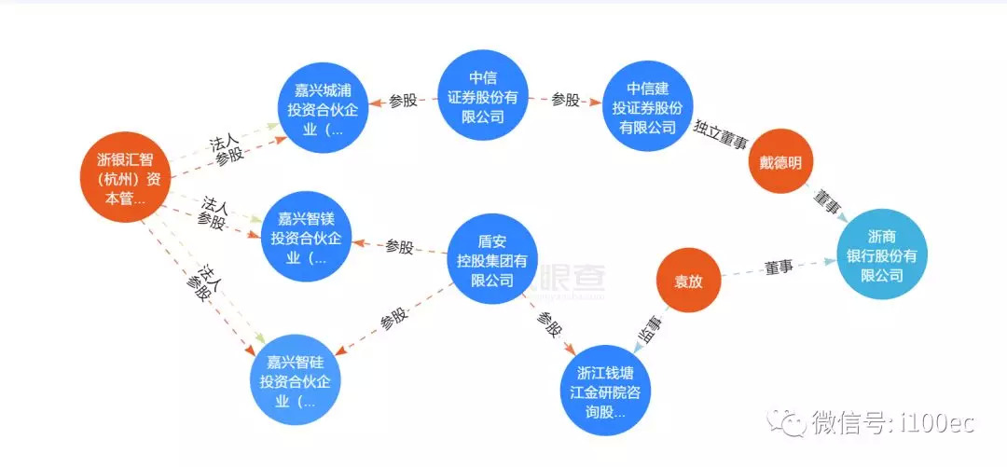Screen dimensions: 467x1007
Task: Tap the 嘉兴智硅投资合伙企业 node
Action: pos(294,382)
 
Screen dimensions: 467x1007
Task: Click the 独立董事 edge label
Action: pos(721,131)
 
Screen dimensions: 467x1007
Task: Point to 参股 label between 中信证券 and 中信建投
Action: pos(565,100)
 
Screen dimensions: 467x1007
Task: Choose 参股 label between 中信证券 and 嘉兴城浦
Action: pos(403,101)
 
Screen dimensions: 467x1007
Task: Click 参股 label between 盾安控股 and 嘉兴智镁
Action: pos(399,247)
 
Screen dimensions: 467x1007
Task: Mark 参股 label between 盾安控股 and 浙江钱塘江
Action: pos(549,323)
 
